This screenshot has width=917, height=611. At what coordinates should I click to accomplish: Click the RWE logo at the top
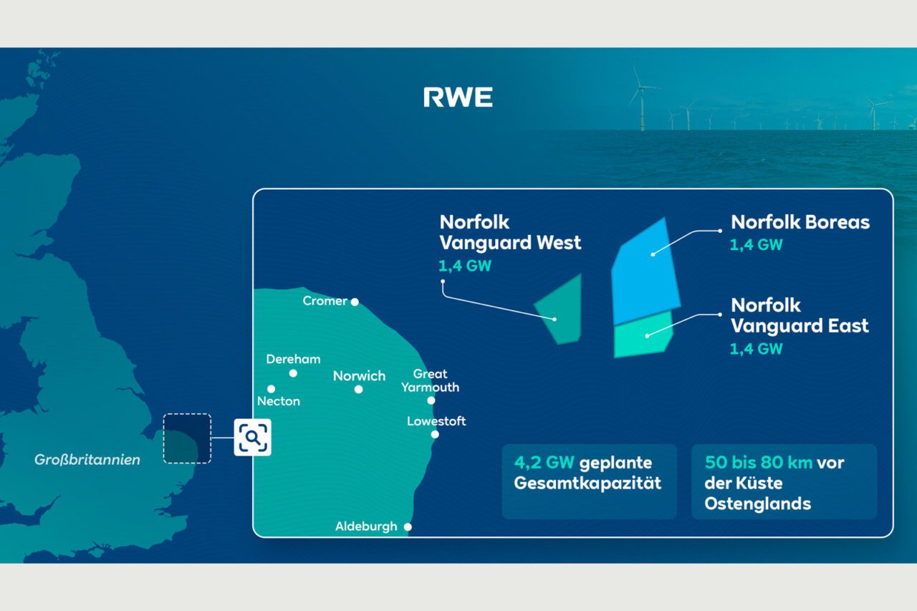[x=458, y=97]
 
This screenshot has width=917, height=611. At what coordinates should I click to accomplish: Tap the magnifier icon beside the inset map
[x=252, y=436]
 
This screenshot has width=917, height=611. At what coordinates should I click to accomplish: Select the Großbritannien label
[x=87, y=460]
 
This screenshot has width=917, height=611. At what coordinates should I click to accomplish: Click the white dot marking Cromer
[x=355, y=302]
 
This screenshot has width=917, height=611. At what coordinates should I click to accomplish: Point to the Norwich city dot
[x=358, y=390]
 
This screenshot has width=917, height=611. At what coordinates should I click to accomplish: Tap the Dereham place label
[x=293, y=359]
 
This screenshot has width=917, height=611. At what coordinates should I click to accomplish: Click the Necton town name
[x=279, y=401]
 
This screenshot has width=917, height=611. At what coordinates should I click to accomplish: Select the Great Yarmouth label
[x=430, y=380]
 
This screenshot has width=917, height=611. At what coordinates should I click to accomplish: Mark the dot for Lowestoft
[x=435, y=434]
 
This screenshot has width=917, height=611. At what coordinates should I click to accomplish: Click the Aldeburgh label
[x=366, y=526]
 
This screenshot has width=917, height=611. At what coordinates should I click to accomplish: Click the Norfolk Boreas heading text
[x=800, y=222]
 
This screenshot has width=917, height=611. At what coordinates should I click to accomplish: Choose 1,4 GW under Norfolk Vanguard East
[x=756, y=350]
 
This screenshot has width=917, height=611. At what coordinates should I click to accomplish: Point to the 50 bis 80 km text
[x=758, y=463]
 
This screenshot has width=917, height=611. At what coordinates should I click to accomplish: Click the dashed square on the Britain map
[x=187, y=438]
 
